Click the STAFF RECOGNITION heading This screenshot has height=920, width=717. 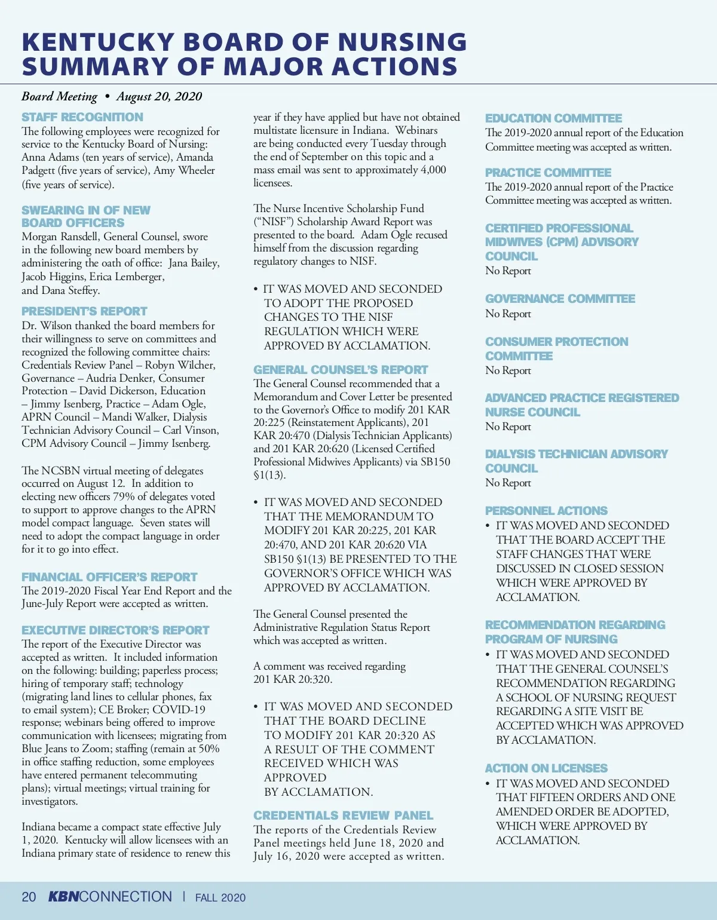[82, 117]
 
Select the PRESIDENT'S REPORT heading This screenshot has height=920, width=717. [84, 311]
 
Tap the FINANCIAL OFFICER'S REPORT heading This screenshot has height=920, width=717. [109, 577]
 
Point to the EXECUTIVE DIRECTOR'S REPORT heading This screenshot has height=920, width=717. [115, 630]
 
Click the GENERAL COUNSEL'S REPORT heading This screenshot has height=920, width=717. [341, 370]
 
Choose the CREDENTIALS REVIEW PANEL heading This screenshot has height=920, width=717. [343, 815]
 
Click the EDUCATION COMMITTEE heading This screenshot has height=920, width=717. [553, 118]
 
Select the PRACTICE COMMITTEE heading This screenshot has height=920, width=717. [548, 173]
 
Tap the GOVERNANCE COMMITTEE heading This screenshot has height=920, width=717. [560, 299]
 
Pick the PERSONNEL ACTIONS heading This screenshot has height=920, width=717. [546, 511]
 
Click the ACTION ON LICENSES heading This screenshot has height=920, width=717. [546, 768]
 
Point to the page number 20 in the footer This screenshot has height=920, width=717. [29, 897]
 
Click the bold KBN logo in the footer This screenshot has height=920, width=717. [63, 897]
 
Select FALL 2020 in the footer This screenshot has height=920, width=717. [220, 898]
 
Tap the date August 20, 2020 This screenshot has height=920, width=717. [159, 96]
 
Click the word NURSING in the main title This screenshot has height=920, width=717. [402, 42]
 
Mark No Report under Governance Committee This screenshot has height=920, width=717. [508, 314]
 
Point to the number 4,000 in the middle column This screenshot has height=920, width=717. [433, 170]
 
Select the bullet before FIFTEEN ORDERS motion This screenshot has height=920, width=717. [488, 784]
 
